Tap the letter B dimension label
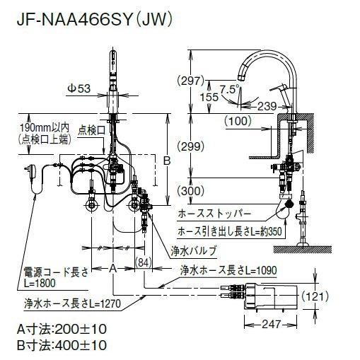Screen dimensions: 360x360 [167, 161]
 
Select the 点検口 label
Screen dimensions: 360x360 [91, 130]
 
